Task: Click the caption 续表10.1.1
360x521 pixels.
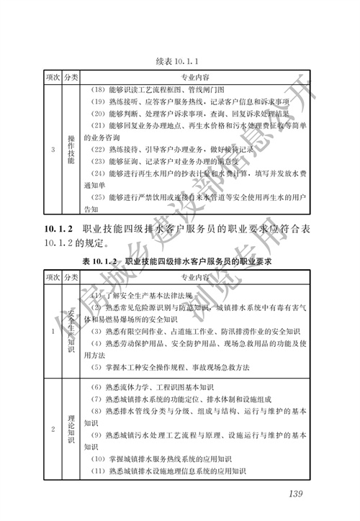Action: click(x=177, y=60)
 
